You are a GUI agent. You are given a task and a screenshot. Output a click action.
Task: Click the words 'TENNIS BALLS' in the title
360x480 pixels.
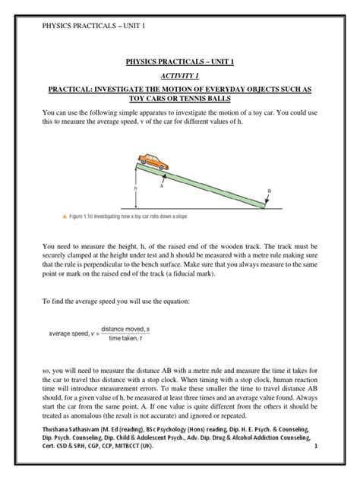click(x=211, y=99)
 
